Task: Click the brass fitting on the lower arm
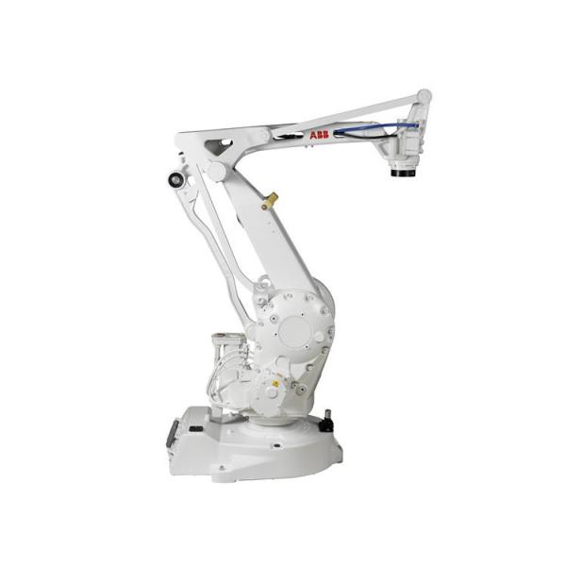pos(272,200)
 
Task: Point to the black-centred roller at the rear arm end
pos(176,179)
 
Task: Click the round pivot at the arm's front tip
pos(424,96)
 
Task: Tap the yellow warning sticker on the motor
pos(275,384)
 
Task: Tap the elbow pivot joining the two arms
pos(217,172)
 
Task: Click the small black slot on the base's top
pos(195,429)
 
